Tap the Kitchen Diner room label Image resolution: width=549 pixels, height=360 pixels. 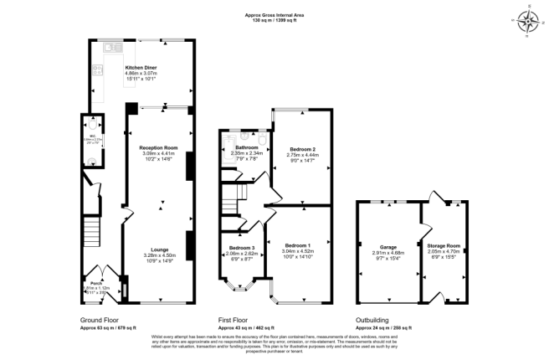click(141, 67)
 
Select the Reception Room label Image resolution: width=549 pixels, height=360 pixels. click(159, 147)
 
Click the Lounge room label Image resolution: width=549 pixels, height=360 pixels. click(159, 249)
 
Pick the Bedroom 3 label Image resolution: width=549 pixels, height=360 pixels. click(241, 248)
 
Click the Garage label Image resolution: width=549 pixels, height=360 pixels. click(388, 247)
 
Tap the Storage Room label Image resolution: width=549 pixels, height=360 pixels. click(444, 245)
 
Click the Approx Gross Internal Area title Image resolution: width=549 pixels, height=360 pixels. click(274, 15)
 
